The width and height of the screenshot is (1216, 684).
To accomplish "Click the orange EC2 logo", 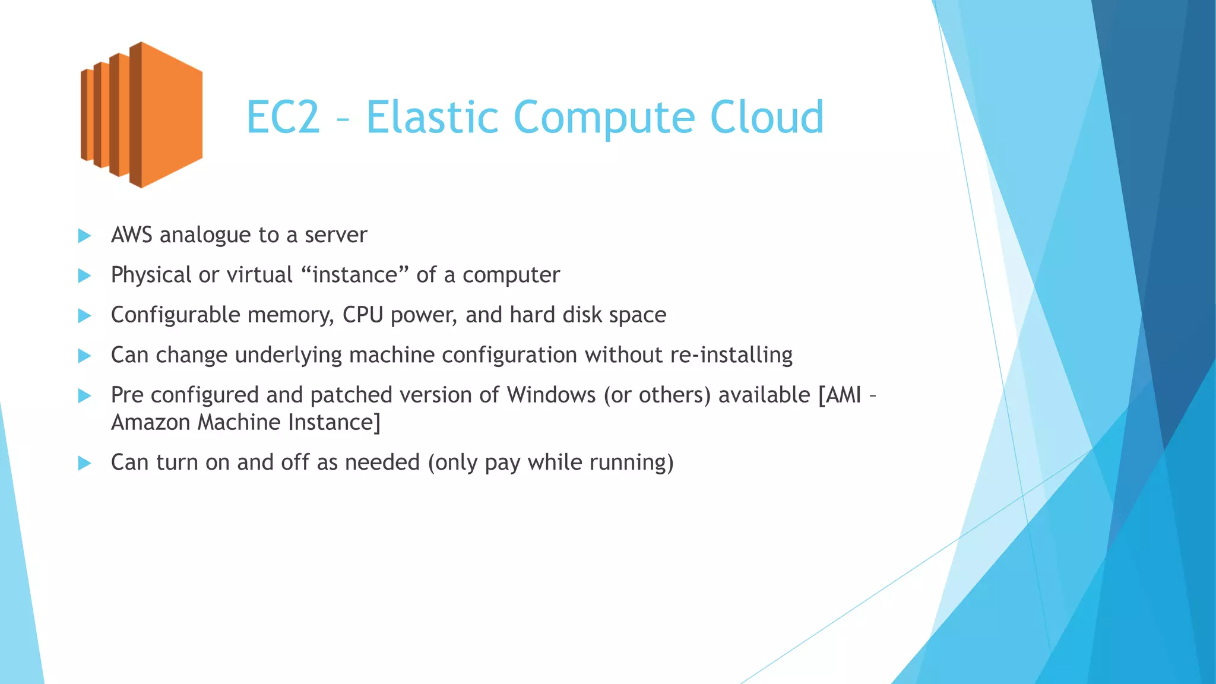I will [141, 115].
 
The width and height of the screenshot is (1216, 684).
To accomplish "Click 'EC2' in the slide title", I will [283, 117].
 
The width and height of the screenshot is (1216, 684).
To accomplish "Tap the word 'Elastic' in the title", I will [432, 117].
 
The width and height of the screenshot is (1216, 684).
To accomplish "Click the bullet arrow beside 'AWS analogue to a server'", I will [85, 236].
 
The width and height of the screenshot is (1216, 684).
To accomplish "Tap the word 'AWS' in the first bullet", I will [132, 235].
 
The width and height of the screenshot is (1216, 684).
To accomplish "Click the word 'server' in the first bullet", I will [336, 235].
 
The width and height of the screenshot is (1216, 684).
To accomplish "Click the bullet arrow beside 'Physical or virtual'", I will [85, 275].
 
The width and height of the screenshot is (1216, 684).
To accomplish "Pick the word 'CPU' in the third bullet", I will [363, 315].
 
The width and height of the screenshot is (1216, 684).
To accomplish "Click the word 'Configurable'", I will [175, 315].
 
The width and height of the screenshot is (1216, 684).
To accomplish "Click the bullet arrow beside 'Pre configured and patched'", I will [85, 395].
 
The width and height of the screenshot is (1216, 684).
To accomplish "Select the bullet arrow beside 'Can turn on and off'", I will [85, 463].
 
